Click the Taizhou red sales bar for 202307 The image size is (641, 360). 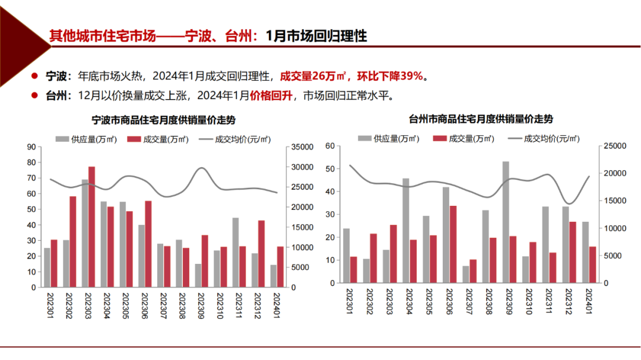coord(473,271)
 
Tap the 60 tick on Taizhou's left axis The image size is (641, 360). coord(331,145)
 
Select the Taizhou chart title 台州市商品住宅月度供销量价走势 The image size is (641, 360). coord(481,119)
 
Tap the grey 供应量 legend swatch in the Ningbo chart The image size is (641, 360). coord(62,139)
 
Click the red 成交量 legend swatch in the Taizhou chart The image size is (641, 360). coord(440,138)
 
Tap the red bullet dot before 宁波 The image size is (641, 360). coord(36,76)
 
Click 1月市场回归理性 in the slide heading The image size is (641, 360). coord(316,36)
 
